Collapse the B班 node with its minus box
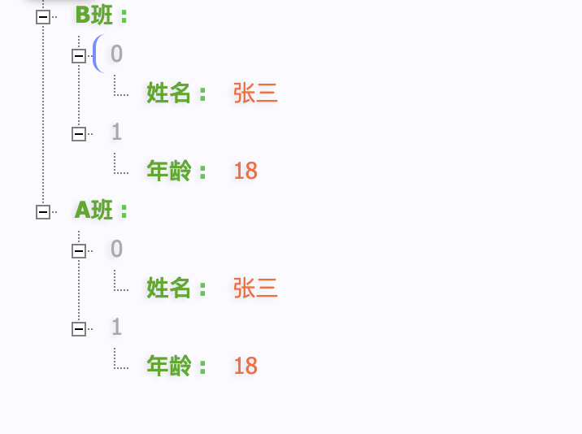click(43, 17)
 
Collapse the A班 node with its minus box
click(43, 212)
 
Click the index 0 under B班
click(117, 54)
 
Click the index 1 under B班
click(117, 132)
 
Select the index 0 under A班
click(117, 250)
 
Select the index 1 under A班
click(117, 328)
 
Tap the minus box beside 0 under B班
click(79, 56)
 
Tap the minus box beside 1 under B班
click(79, 134)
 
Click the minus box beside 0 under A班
click(79, 251)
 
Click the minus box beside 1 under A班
click(79, 329)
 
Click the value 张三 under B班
click(255, 93)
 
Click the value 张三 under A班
click(255, 289)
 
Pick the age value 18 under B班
click(245, 171)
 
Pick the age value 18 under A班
click(245, 367)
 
